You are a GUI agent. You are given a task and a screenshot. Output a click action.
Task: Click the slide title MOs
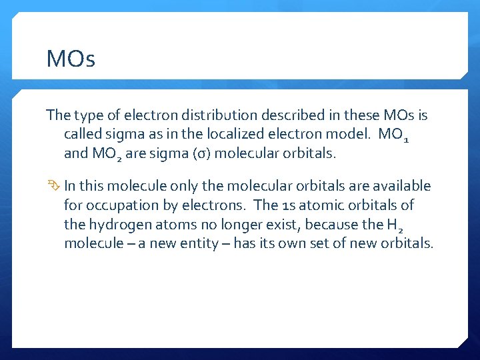71,59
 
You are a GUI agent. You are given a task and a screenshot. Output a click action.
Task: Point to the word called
82,134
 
